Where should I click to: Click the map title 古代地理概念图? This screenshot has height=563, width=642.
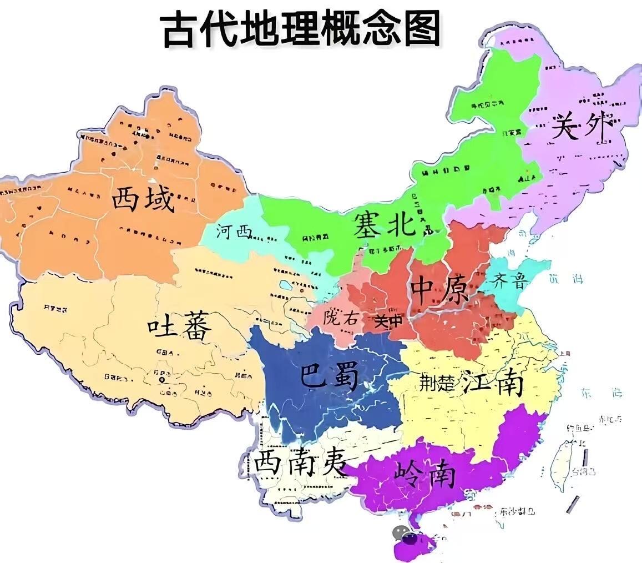(x=300, y=29)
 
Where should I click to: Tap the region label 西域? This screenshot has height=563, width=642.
(x=143, y=199)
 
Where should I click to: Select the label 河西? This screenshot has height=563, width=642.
(x=234, y=232)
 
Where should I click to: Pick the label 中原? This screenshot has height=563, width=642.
(x=439, y=290)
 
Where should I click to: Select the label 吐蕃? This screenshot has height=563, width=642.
(x=179, y=329)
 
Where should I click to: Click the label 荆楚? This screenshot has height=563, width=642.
(x=437, y=383)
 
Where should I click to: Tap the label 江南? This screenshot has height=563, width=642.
(x=493, y=383)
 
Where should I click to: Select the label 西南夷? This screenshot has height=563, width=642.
(x=301, y=462)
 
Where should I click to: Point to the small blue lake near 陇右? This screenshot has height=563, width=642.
(x=286, y=286)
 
